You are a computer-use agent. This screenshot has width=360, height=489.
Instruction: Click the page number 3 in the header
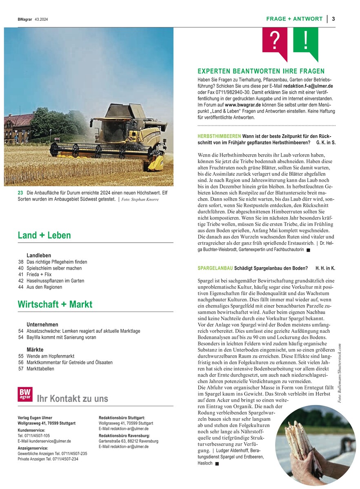click(x=333, y=19)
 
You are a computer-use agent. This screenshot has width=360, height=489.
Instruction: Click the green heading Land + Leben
click(x=44, y=235)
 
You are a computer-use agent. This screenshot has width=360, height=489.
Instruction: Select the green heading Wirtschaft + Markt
click(x=55, y=304)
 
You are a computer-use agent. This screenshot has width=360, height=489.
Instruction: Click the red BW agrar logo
click(x=25, y=394)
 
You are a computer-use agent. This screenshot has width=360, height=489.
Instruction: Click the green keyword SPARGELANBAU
click(x=215, y=268)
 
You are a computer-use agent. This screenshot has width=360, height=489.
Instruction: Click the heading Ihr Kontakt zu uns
click(x=72, y=398)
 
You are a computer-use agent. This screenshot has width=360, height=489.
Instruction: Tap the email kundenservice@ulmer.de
click(x=44, y=441)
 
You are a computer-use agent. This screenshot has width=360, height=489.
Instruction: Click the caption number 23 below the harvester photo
click(x=20, y=193)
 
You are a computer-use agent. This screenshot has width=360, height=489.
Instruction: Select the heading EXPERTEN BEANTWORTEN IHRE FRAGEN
click(x=261, y=71)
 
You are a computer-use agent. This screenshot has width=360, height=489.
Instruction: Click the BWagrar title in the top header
click(x=25, y=19)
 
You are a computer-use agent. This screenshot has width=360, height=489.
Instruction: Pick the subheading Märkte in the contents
click(x=35, y=350)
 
